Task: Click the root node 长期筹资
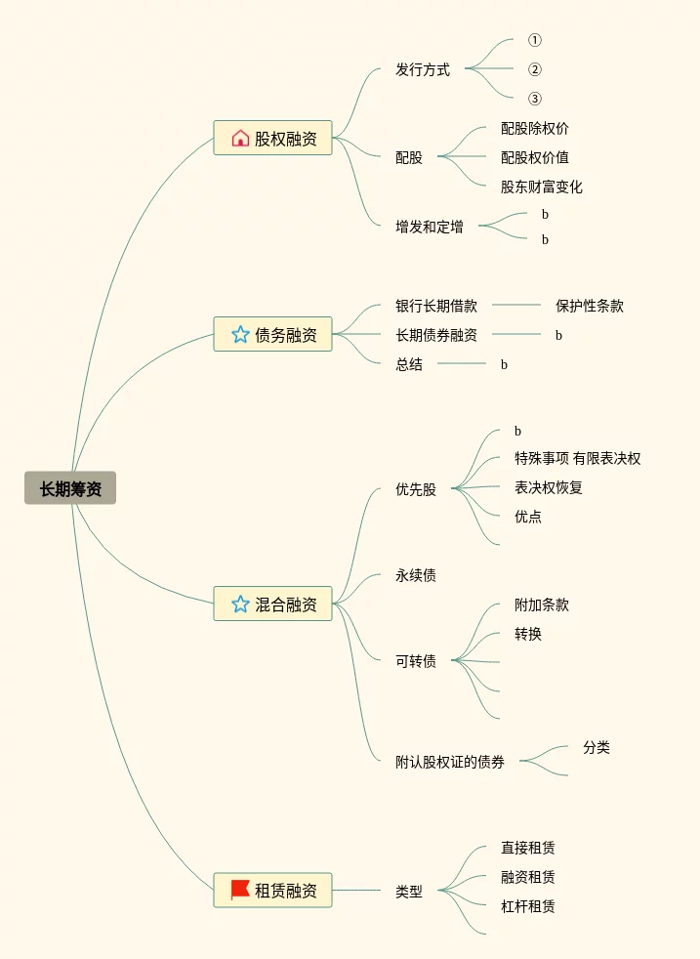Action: (x=70, y=488)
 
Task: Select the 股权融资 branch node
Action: (x=272, y=138)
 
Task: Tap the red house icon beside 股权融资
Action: (x=240, y=138)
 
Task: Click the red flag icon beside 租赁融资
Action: (x=240, y=890)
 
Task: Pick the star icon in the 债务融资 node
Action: (x=240, y=334)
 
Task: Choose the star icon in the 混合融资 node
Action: (x=240, y=604)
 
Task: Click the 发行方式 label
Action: (x=423, y=69)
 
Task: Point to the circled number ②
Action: (x=534, y=69)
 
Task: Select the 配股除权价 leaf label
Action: (x=535, y=128)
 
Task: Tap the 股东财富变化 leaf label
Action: (x=542, y=187)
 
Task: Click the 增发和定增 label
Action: (x=430, y=227)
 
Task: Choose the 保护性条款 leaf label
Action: (x=590, y=305)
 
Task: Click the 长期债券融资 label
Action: (x=436, y=335)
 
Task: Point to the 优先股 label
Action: (x=416, y=489)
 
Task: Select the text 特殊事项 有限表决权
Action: (x=578, y=458)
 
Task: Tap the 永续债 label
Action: (x=416, y=575)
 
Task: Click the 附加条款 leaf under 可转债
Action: (x=542, y=605)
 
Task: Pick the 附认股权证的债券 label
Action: (x=450, y=762)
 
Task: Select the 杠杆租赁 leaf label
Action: (x=528, y=906)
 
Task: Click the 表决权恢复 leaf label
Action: (x=549, y=487)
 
